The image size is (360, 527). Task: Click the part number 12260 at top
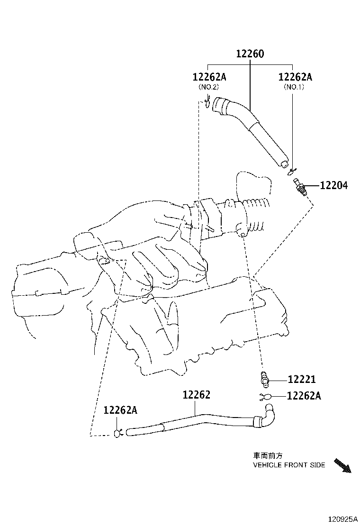250,54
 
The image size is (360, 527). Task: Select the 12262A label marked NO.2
209,77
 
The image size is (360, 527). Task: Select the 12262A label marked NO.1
295,77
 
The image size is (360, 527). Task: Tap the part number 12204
333,186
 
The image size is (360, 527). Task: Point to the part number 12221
302,379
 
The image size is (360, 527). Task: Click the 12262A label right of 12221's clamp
304,395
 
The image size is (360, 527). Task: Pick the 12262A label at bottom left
120,410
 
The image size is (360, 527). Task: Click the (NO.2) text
208,87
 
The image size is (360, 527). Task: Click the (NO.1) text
294,87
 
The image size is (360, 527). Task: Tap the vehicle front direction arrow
342,465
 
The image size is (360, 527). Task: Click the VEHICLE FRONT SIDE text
289,465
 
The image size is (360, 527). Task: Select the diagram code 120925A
340,519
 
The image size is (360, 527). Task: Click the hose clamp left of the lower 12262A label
265,396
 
